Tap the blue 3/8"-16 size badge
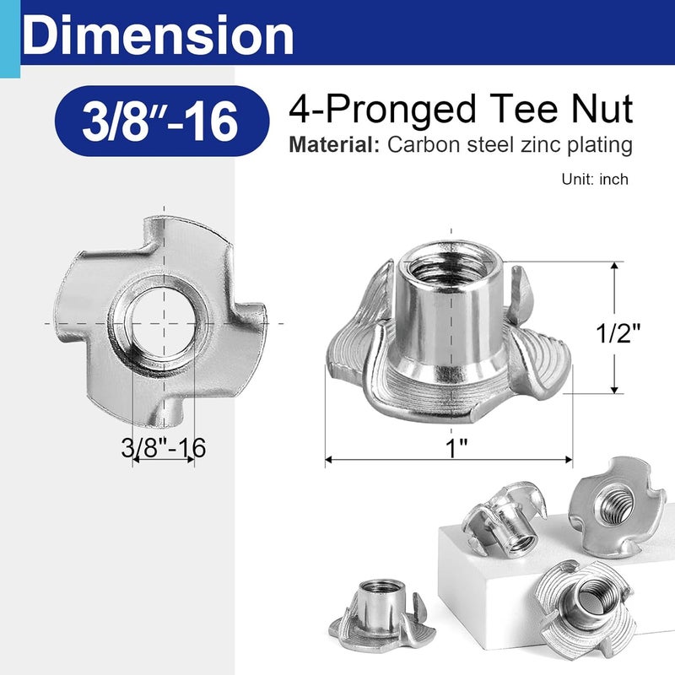tap(155, 121)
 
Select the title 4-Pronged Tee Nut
tap(461, 110)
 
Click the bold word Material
tap(333, 145)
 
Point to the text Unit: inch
tap(595, 180)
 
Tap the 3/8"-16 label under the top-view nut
tap(164, 446)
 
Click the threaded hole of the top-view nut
tap(164, 322)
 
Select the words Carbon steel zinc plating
tap(510, 145)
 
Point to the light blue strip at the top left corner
tap(9, 34)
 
